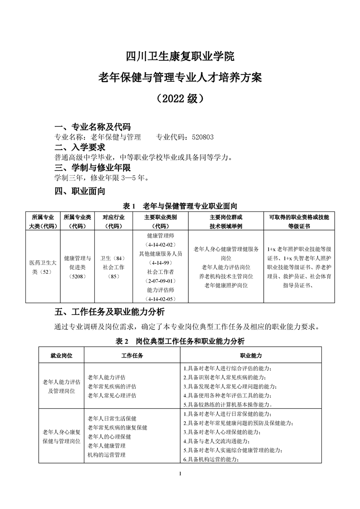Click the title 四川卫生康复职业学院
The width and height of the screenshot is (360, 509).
[180, 57]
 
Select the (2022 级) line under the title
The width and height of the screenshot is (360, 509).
[180, 98]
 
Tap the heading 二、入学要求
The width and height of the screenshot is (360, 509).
[80, 147]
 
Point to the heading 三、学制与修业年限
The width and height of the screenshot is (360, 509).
[93, 167]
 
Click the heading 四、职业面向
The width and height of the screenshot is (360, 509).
[80, 191]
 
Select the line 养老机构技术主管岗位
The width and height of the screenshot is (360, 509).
[226, 276]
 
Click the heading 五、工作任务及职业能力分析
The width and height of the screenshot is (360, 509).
[109, 313]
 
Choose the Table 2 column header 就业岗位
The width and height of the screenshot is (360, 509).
[61, 356]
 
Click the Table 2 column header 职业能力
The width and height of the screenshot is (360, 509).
[250, 356]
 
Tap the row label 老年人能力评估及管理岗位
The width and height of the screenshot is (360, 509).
[61, 386]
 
